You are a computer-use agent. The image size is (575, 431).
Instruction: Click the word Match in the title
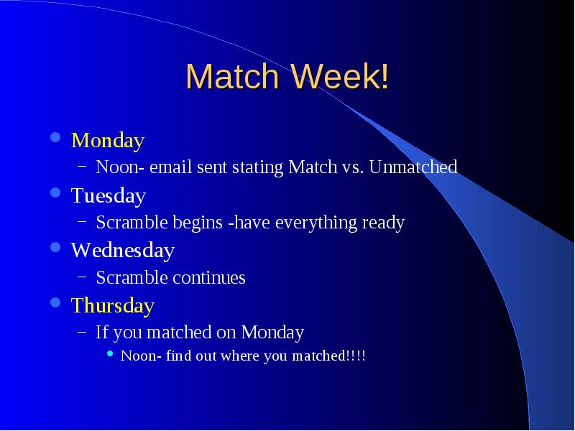pos(232,76)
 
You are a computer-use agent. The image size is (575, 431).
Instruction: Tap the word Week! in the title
pos(340,76)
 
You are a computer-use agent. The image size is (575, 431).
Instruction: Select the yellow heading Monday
pos(108,141)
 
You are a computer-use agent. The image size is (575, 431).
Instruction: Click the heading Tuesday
pos(109,196)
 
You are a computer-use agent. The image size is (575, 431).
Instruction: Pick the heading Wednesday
pos(123,251)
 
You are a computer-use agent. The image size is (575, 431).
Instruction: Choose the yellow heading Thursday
pos(113,306)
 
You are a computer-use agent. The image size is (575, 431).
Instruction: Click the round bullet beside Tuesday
pos(55,193)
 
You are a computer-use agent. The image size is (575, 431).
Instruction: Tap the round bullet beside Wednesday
pos(55,247)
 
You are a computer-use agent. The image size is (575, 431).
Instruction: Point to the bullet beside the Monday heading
pos(55,137)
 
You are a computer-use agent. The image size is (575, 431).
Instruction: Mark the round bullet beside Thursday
pos(55,302)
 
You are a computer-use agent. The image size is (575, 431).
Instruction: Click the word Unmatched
pos(413,167)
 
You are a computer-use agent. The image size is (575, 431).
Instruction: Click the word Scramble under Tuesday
pos(132,222)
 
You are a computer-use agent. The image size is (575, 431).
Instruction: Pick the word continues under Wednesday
pos(208,277)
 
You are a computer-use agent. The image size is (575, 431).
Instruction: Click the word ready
pos(383,223)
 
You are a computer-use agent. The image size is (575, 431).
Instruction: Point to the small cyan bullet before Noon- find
pos(110,353)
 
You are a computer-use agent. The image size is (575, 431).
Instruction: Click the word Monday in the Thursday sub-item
pos(272,333)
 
